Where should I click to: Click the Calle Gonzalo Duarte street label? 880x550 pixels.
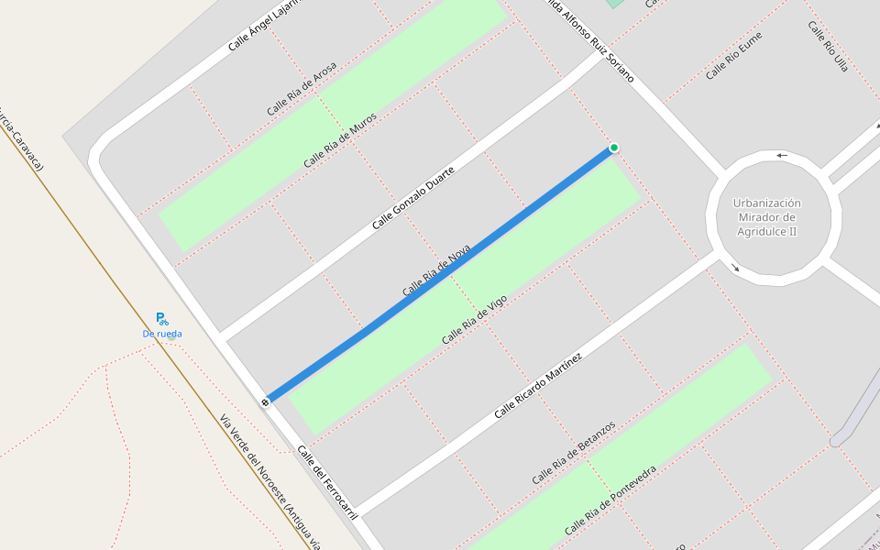412,199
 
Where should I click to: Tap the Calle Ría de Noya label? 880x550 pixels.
436,270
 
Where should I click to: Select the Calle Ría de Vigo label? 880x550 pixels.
474,320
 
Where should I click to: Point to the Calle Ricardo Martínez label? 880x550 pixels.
538,385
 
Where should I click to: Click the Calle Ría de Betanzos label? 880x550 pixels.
573,453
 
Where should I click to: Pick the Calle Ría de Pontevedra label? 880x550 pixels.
610,500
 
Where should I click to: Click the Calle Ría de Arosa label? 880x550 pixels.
302,89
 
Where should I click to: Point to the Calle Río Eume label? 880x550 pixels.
733,55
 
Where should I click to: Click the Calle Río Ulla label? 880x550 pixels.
828,46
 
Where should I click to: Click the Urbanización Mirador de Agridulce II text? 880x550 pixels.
767,217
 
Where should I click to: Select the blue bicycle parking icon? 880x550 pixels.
161,319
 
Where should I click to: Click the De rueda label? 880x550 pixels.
162,334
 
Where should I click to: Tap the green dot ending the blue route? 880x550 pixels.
614,148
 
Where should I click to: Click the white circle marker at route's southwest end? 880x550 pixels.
266,401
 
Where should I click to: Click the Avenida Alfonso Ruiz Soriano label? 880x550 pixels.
588,42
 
